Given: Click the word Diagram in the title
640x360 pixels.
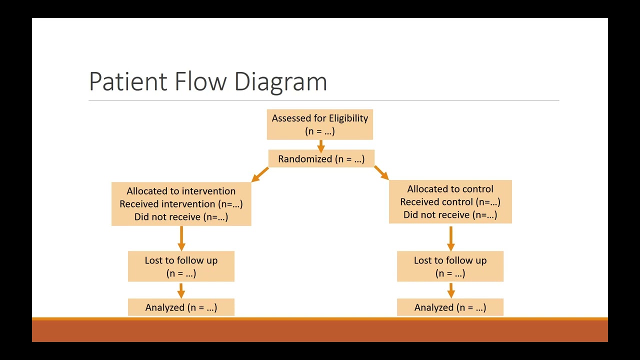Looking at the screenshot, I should (x=280, y=81).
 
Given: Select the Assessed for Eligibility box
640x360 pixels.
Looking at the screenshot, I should (x=320, y=124).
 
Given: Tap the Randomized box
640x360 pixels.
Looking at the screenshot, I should (x=321, y=159).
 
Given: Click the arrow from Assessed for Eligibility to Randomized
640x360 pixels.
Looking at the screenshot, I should (x=320, y=145).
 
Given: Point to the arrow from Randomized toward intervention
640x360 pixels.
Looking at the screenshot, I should (x=260, y=174).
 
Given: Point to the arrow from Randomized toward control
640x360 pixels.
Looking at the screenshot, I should (x=381, y=172).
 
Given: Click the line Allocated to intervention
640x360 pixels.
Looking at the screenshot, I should (x=181, y=191).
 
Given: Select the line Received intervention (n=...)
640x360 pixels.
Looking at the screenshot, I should (x=181, y=204).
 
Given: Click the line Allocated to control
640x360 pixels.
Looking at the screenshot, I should (x=450, y=189).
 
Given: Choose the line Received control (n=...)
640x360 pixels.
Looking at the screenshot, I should (x=450, y=202).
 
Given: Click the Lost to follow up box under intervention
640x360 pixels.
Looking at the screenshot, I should (x=181, y=266).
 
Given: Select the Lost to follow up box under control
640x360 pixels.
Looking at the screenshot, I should (x=450, y=266).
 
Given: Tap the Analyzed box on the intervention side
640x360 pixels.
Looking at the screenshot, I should (x=181, y=307).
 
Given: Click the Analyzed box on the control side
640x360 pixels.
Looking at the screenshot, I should (x=450, y=307).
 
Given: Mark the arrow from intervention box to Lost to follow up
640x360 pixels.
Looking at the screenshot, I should (x=181, y=238).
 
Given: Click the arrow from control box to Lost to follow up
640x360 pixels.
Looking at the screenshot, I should (x=450, y=238).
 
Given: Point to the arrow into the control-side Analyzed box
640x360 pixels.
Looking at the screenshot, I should (x=450, y=290).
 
